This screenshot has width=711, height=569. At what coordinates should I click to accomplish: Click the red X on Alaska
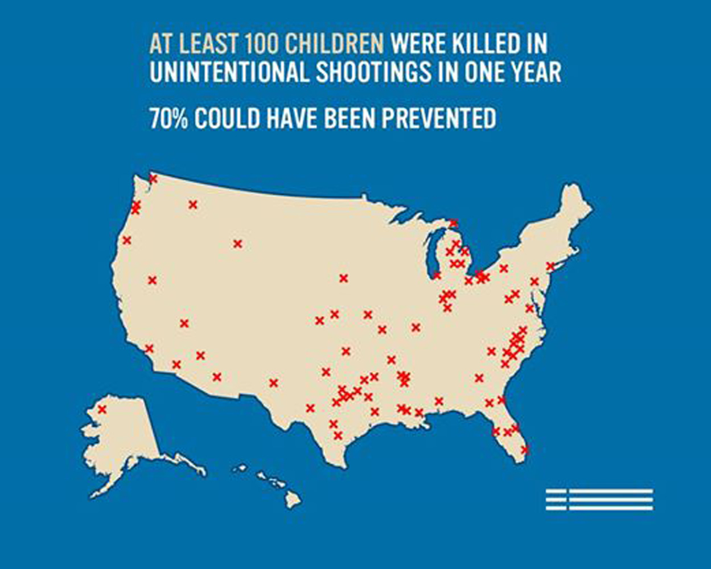tap(102, 409)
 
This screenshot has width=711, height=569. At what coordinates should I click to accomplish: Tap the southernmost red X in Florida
tap(525, 449)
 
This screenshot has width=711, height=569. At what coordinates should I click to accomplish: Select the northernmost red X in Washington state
tap(153, 179)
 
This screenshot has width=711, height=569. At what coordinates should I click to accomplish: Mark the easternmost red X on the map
tap(550, 266)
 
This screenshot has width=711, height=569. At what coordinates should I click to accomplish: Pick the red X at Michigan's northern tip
tap(453, 223)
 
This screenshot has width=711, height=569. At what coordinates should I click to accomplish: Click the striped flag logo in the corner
tap(599, 499)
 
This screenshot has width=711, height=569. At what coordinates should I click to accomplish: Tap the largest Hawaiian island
tap(293, 500)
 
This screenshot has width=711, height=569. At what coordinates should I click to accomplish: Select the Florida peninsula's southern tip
tap(523, 459)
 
